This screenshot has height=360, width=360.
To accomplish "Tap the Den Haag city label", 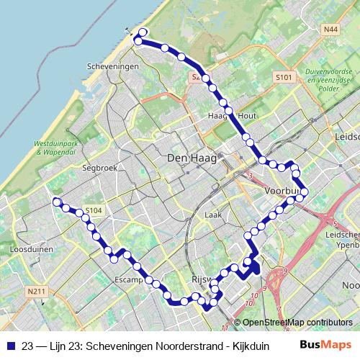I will point(186,158).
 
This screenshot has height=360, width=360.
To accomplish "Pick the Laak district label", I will point(212,215).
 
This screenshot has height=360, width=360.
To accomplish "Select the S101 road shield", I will point(283,76).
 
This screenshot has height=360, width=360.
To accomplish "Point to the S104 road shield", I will point(94,210).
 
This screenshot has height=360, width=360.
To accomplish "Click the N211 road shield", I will point(37,292).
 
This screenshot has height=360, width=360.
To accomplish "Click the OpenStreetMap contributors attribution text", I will point(297,323).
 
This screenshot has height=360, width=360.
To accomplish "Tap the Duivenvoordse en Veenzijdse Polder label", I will point(328,80).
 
